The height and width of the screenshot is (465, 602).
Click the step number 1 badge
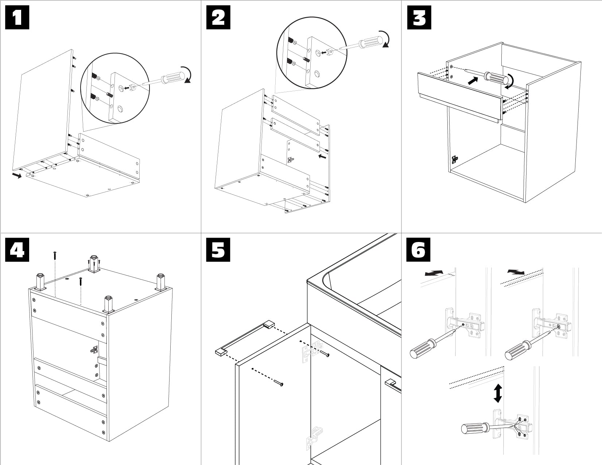(x=17, y=18)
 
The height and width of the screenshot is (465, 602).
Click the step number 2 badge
(x=218, y=18)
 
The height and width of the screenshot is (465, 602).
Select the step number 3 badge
(x=419, y=18)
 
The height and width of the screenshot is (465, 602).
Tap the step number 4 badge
(x=17, y=250)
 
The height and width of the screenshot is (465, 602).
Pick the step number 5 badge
(x=218, y=250)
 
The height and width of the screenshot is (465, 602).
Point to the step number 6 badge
(x=418, y=250)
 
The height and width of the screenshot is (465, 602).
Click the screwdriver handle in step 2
(x=372, y=41)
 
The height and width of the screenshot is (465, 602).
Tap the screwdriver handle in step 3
(x=496, y=78)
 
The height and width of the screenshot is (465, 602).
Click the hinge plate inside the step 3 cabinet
(x=454, y=159)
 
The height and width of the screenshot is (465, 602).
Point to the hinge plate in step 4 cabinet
(x=94, y=350)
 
